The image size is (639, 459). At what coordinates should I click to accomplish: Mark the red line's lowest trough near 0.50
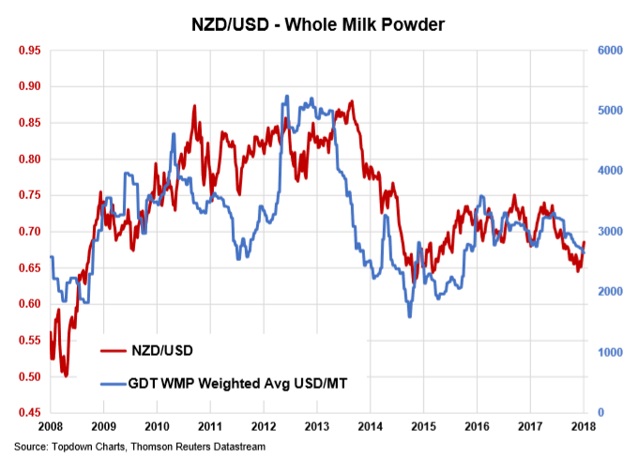point(66,375)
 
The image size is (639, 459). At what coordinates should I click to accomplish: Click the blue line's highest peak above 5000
point(286,96)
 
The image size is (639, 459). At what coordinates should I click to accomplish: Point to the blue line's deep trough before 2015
point(409,316)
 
